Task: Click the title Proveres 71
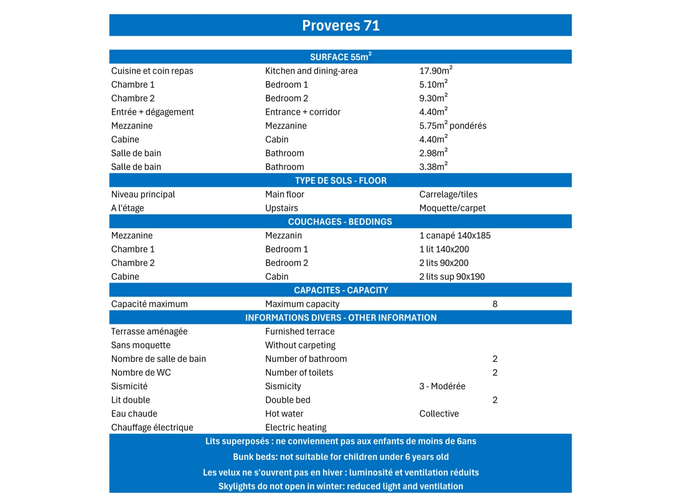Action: point(340,26)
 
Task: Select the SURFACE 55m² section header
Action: point(340,57)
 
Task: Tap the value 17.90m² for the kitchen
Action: point(435,71)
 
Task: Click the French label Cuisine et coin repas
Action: point(152,71)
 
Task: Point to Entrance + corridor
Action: point(302,112)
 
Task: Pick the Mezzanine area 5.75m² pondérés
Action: point(452,126)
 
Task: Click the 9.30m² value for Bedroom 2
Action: point(433,98)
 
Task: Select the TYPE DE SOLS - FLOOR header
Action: point(340,181)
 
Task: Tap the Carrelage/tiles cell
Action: point(448,194)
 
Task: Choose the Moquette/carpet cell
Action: point(452,208)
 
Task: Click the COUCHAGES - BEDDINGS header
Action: point(340,222)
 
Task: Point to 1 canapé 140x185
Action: point(455,236)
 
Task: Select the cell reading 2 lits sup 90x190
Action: point(451,277)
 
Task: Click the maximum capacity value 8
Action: point(494,304)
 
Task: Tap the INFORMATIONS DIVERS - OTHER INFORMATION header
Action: point(340,318)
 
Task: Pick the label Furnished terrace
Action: point(300,332)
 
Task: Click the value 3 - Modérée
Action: point(442,387)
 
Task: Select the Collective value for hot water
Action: point(439,414)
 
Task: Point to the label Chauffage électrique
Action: point(152,428)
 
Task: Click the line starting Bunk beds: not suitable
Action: point(340,457)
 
